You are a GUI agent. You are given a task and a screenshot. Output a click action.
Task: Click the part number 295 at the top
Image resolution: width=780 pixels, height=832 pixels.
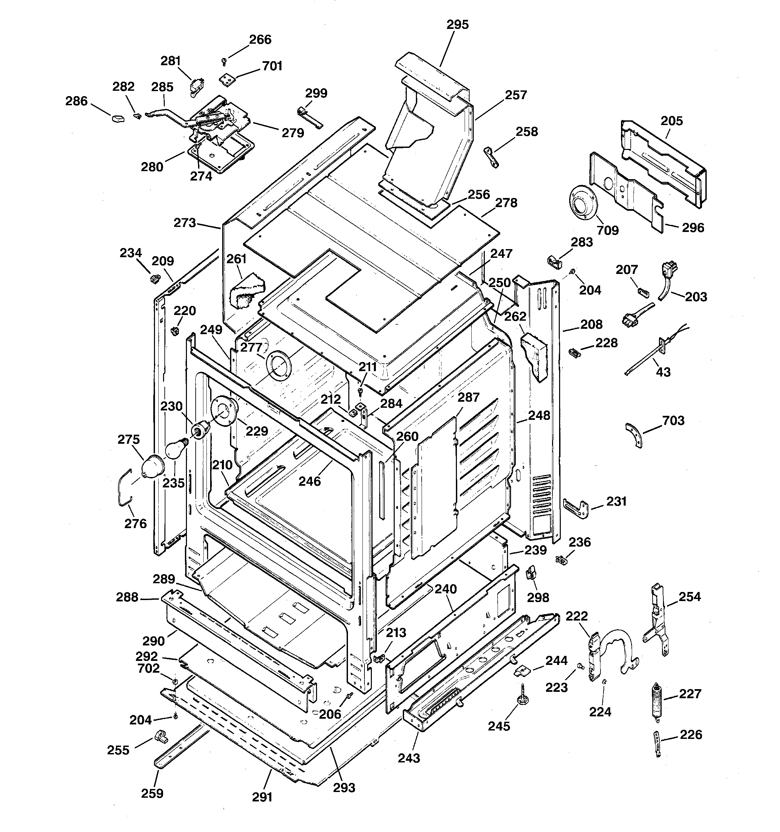pyautogui.click(x=457, y=25)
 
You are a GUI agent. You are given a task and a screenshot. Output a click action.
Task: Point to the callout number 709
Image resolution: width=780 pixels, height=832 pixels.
pyautogui.click(x=608, y=230)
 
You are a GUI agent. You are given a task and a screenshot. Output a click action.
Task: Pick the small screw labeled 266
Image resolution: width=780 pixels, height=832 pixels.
pyautogui.click(x=224, y=62)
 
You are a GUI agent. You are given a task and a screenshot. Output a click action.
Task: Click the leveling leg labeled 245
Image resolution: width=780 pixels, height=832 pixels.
pyautogui.click(x=523, y=697)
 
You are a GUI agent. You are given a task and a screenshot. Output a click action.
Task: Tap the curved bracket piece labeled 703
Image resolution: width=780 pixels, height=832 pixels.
pyautogui.click(x=633, y=435)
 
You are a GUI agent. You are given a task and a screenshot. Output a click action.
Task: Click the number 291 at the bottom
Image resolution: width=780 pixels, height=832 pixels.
pyautogui.click(x=262, y=797)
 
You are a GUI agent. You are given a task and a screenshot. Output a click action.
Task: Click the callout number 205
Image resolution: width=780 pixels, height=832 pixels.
pyautogui.click(x=671, y=121)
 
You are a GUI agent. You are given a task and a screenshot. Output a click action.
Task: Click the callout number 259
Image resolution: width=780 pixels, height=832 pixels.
pyautogui.click(x=152, y=793)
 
